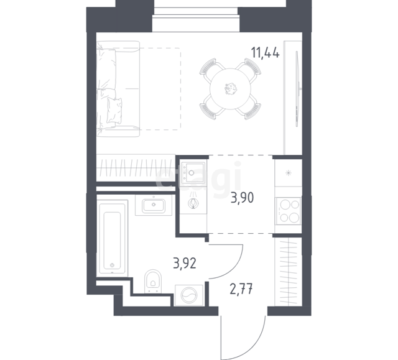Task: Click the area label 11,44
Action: pos(266,53)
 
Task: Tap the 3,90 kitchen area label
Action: pos(243,198)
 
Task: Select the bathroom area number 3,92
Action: pos(185,264)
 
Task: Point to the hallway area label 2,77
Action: pos(241,289)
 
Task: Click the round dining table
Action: pos(231,89)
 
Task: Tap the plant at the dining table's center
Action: pos(231,88)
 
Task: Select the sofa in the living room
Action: pos(118,89)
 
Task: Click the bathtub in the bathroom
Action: pos(112,238)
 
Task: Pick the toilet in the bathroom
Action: pos(153,281)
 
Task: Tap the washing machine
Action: pos(189,295)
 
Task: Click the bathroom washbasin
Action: pos(154,205)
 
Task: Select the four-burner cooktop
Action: pos(289,211)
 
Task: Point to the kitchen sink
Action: pos(193,172)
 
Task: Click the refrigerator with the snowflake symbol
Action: pos(289,173)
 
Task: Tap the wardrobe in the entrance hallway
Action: pos(288,272)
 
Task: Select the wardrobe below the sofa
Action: pos(136,167)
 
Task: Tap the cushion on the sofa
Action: pos(114,111)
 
